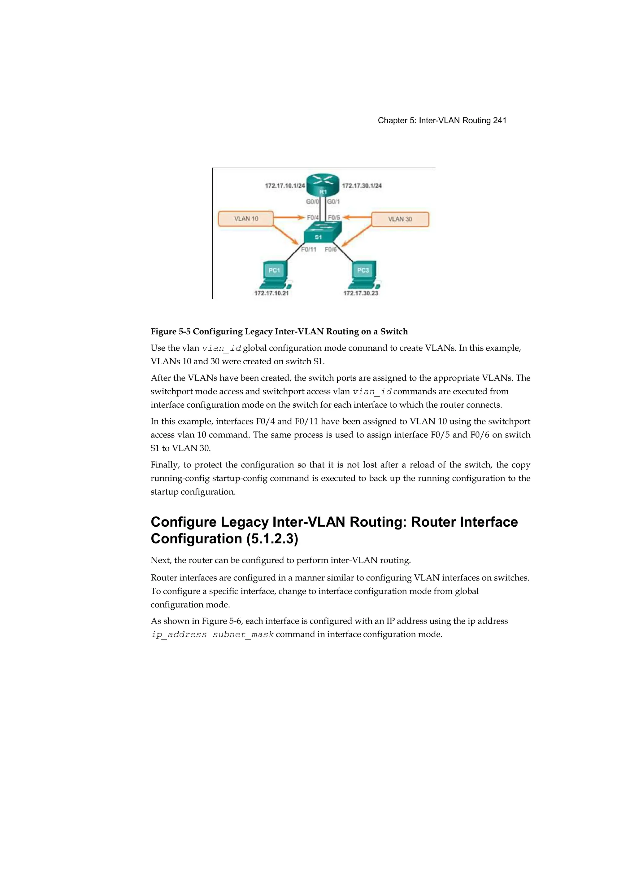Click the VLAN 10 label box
point(246,219)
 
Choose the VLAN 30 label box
point(400,219)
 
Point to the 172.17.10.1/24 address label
point(285,186)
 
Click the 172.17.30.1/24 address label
point(362,186)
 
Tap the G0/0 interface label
point(312,202)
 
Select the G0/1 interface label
point(333,202)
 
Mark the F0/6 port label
point(330,249)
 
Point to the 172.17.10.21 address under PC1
point(271,293)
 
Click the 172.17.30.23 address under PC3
point(361,293)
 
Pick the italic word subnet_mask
point(243,634)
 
